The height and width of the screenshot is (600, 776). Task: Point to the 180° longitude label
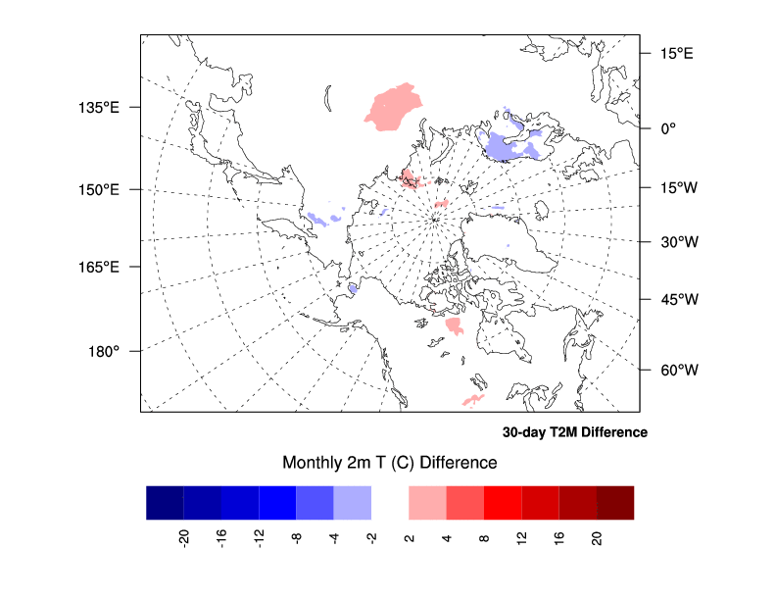[x=104, y=350]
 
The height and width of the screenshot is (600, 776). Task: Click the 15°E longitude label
[x=675, y=53]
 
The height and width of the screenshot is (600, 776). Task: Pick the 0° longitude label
[x=666, y=127]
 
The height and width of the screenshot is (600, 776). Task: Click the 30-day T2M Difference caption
[x=574, y=432]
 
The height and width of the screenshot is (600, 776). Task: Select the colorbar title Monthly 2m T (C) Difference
[x=390, y=462]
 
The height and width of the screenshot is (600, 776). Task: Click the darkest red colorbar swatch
[x=615, y=502]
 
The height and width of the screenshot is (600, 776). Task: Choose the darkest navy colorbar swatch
[x=165, y=502]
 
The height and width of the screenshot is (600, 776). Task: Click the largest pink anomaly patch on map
[x=397, y=107]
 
